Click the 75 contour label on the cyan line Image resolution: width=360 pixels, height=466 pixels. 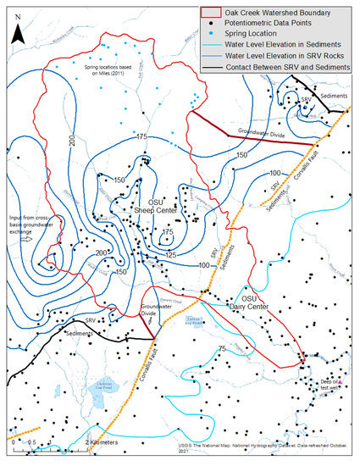[221, 349]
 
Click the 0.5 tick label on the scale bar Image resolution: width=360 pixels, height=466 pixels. [30, 442]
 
